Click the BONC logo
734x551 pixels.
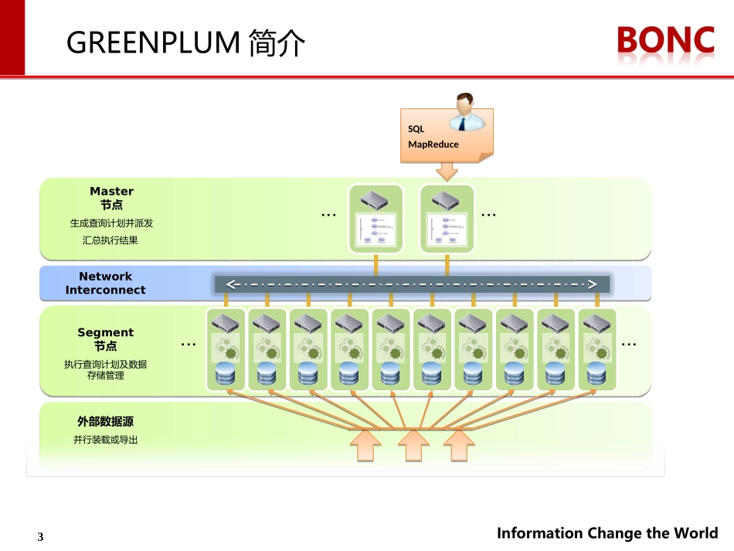coord(665,40)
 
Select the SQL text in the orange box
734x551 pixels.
coord(416,130)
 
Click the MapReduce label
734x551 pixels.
coord(433,145)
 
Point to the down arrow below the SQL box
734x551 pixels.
coord(447,170)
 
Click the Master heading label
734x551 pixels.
coord(111,191)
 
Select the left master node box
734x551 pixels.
coord(376,218)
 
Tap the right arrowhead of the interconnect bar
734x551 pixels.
coord(593,284)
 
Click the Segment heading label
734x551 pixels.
coord(105,332)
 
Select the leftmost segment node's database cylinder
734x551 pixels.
coord(225,376)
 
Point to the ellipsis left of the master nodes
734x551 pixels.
coord(328,215)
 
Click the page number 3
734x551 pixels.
coord(41,537)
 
